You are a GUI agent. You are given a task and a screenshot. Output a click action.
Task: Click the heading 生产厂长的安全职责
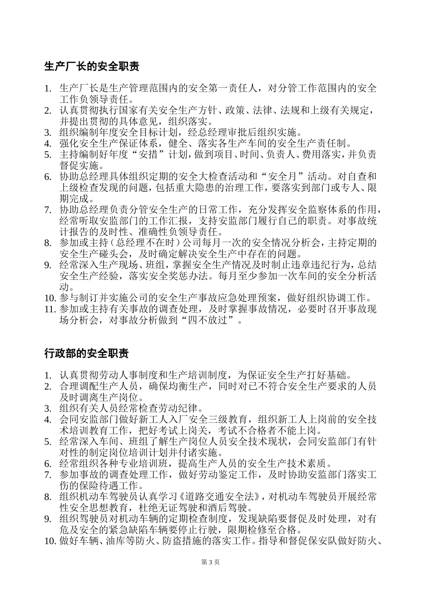(x=92, y=67)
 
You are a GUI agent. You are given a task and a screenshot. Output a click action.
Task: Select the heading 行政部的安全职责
(x=86, y=353)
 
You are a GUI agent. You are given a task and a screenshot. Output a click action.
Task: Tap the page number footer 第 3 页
(x=210, y=562)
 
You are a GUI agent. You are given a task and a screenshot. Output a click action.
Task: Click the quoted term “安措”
(x=156, y=155)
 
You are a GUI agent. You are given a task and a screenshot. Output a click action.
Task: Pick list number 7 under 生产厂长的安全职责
(x=49, y=210)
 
